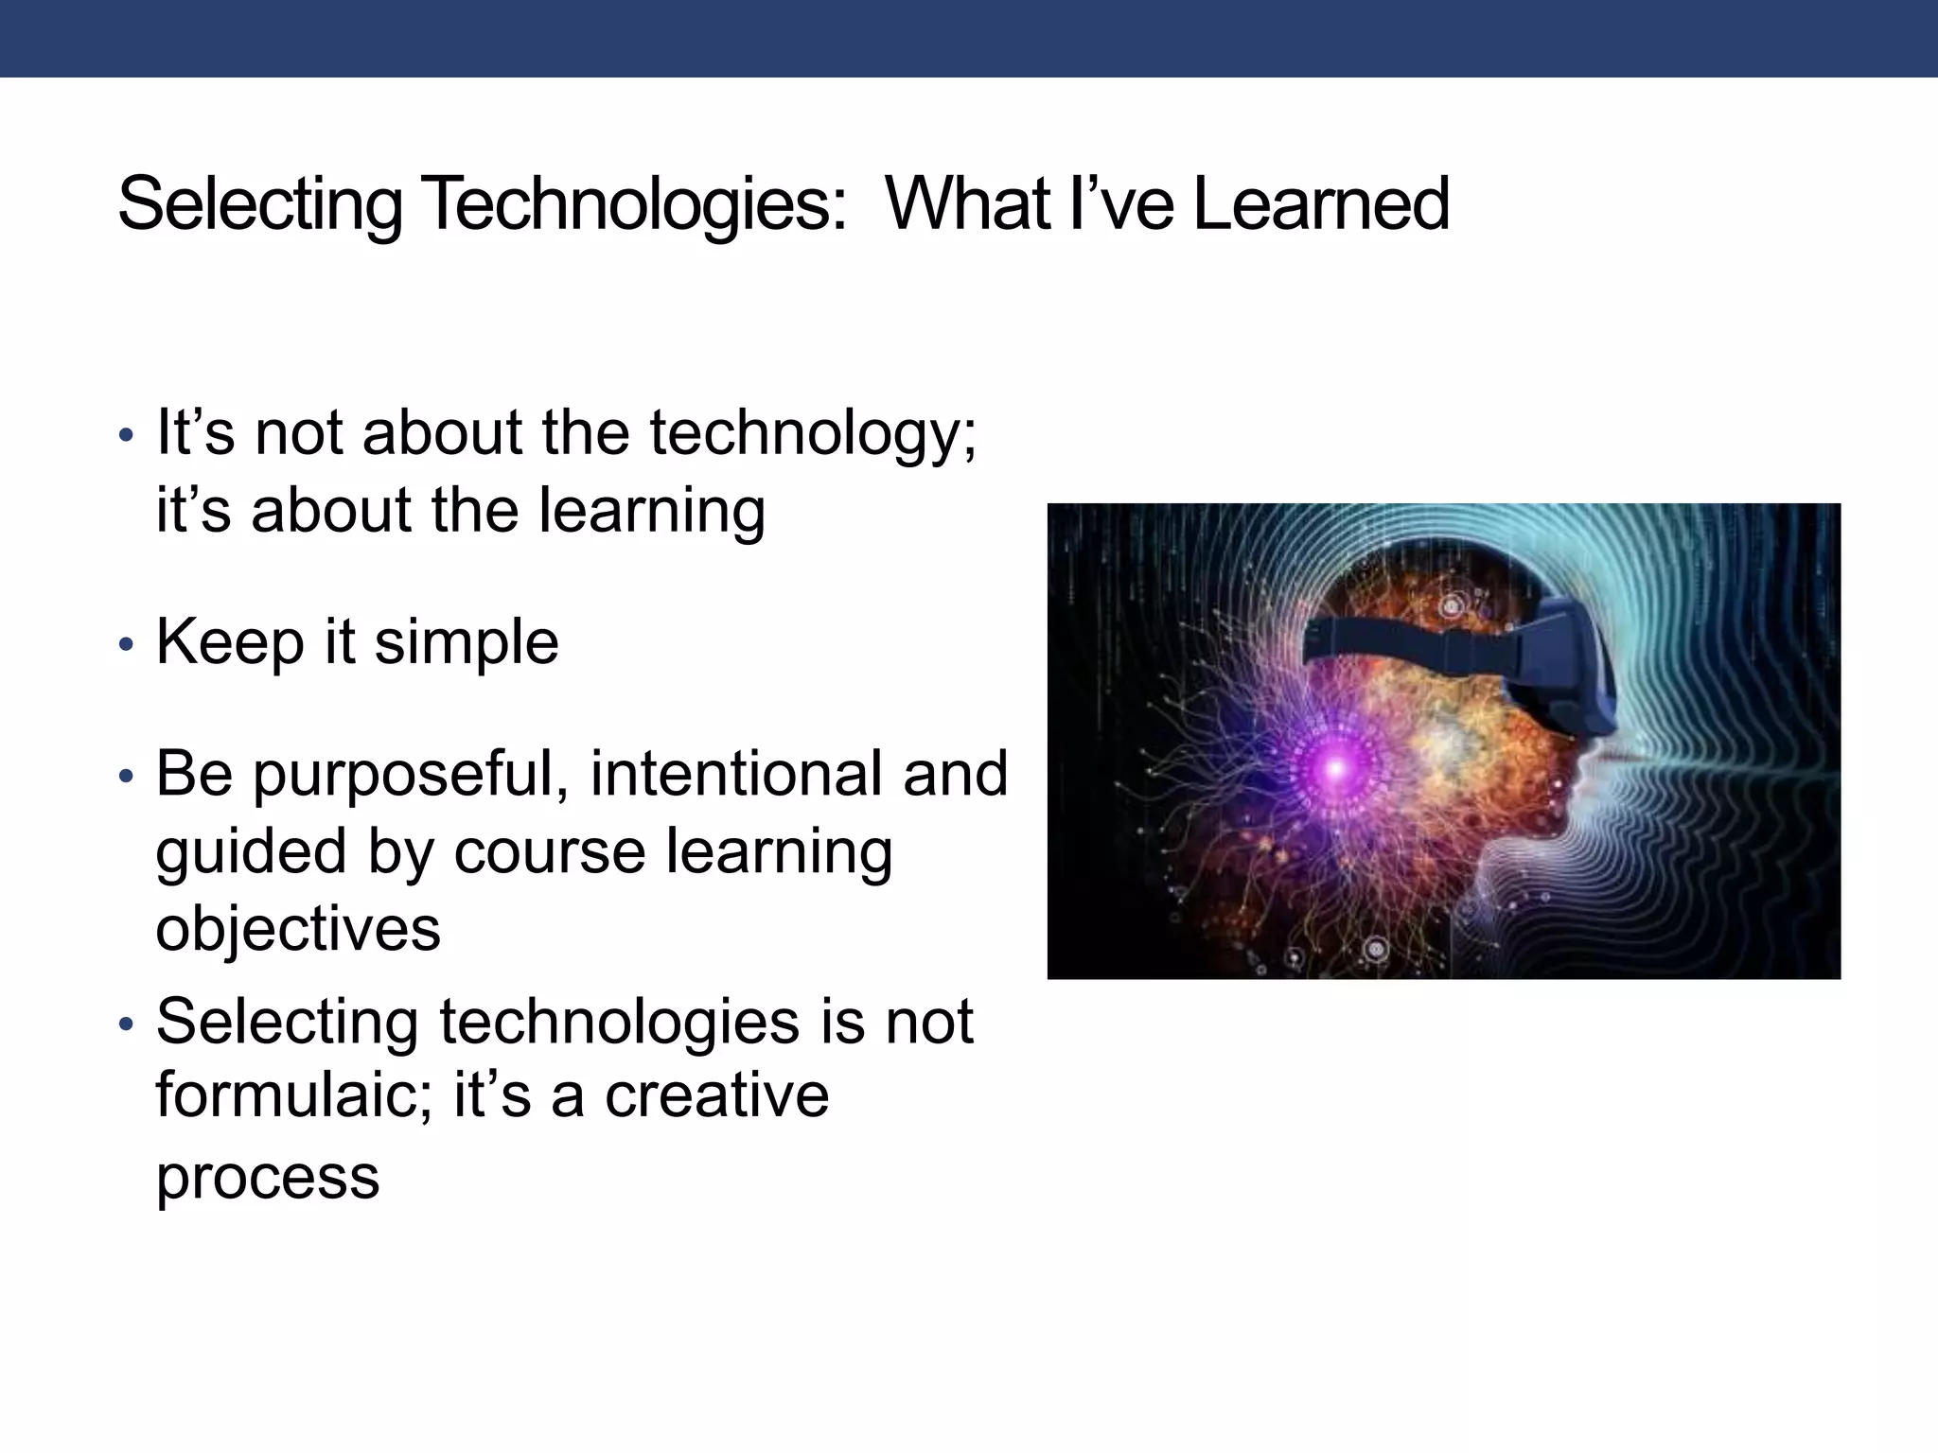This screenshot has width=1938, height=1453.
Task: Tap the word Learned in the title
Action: (1321, 204)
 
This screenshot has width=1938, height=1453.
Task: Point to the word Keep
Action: (231, 643)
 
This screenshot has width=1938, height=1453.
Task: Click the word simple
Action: (467, 643)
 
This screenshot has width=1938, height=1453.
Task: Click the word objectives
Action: (298, 929)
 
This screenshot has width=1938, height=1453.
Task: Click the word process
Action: (268, 1179)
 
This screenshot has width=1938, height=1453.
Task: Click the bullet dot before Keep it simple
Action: (127, 646)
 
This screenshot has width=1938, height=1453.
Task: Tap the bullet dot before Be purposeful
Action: (127, 778)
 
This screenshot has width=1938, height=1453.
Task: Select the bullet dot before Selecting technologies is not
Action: (127, 1024)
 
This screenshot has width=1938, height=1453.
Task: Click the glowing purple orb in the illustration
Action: (1335, 768)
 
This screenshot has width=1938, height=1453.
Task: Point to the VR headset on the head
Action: (1552, 662)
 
